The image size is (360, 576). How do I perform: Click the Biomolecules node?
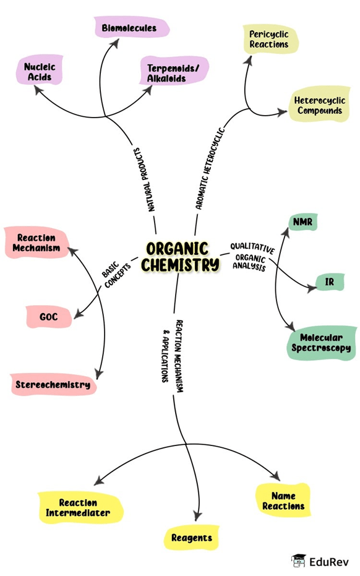pyautogui.click(x=132, y=27)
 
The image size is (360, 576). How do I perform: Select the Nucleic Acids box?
pyautogui.click(x=40, y=71)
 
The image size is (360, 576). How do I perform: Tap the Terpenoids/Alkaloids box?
pyautogui.click(x=174, y=71)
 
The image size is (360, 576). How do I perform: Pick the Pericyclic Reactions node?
pyautogui.click(x=270, y=40)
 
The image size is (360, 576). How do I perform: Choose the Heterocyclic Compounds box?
pyautogui.click(x=319, y=105)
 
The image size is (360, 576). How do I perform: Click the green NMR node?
pyautogui.click(x=302, y=222)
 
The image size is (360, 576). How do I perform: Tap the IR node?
pyautogui.click(x=330, y=282)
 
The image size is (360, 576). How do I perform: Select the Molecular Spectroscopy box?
pyautogui.click(x=321, y=343)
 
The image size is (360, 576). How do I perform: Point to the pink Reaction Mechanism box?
pyautogui.click(x=36, y=243)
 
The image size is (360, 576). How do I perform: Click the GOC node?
pyautogui.click(x=49, y=317)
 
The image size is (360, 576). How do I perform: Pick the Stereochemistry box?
pyautogui.click(x=53, y=384)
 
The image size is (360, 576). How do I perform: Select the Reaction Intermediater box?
pyautogui.click(x=80, y=507)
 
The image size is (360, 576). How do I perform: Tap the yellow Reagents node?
pyautogui.click(x=191, y=538)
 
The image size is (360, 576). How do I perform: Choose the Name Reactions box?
pyautogui.click(x=283, y=501)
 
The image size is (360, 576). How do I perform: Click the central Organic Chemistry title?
pyautogui.click(x=179, y=257)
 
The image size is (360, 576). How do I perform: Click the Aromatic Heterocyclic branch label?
pyautogui.click(x=210, y=168)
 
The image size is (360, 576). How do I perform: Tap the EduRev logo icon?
pyautogui.click(x=298, y=561)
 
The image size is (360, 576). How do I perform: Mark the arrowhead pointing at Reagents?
pyautogui.click(x=198, y=516)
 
